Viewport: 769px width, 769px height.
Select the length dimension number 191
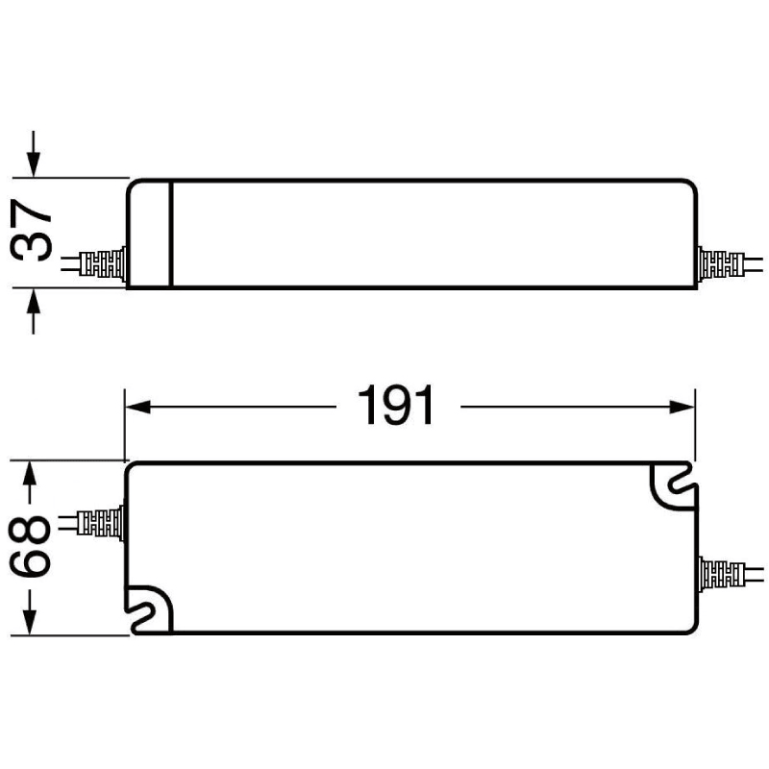click(x=396, y=407)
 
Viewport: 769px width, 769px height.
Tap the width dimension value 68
click(x=31, y=547)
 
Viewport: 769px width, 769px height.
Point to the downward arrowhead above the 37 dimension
click(x=35, y=165)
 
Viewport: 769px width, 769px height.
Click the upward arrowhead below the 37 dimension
click(x=35, y=301)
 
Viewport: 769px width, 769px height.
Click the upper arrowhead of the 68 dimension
click(x=31, y=473)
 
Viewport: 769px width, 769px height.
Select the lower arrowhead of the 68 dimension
click(x=31, y=622)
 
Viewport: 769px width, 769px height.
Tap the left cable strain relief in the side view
click(x=104, y=263)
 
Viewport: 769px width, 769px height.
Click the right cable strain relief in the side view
click(x=719, y=263)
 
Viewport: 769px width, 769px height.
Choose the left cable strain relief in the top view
click(x=102, y=523)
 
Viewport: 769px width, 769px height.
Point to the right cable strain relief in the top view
click(x=721, y=577)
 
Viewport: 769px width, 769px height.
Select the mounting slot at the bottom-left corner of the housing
click(x=149, y=611)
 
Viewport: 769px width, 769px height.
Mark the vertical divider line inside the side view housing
click(x=170, y=233)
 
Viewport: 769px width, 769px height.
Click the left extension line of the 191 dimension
click(x=124, y=423)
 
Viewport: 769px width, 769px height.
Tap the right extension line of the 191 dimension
click(x=695, y=423)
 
